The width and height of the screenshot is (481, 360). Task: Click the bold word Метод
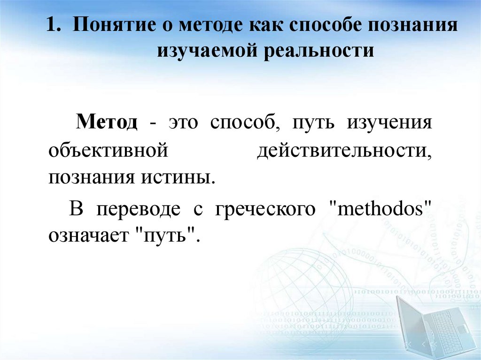[x=108, y=123]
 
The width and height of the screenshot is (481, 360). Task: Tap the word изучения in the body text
[x=389, y=123]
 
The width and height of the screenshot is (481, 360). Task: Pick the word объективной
[x=108, y=151]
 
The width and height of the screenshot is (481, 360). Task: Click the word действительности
[x=344, y=151]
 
